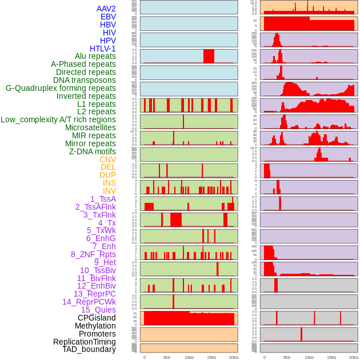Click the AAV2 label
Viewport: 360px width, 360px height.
pyautogui.click(x=106, y=9)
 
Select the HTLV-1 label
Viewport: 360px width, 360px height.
pyautogui.click(x=102, y=49)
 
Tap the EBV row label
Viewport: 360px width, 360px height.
pyautogui.click(x=108, y=17)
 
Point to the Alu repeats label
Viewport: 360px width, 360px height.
pyautogui.click(x=95, y=56)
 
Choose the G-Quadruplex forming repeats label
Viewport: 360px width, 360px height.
pyautogui.click(x=61, y=88)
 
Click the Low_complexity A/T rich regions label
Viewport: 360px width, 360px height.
pyautogui.click(x=58, y=119)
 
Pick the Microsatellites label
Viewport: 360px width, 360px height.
pyautogui.click(x=90, y=127)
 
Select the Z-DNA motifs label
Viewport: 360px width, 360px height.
pyautogui.click(x=92, y=151)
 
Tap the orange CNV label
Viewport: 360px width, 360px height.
pyautogui.click(x=107, y=159)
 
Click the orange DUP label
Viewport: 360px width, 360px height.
pyautogui.click(x=107, y=175)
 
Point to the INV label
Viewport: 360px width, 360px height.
pyautogui.click(x=109, y=191)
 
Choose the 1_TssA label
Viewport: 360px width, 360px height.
pyautogui.click(x=103, y=199)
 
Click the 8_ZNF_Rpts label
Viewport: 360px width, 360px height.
pyautogui.click(x=93, y=254)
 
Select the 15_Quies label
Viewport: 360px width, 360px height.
pyautogui.click(x=98, y=310)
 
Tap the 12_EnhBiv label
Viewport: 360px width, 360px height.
pyautogui.click(x=96, y=286)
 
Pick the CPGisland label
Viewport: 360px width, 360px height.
pyautogui.click(x=97, y=318)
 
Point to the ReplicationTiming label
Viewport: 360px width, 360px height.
pyautogui.click(x=84, y=342)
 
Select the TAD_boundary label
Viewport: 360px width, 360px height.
pyautogui.click(x=89, y=349)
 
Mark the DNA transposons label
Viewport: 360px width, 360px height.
pyautogui.click(x=85, y=80)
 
